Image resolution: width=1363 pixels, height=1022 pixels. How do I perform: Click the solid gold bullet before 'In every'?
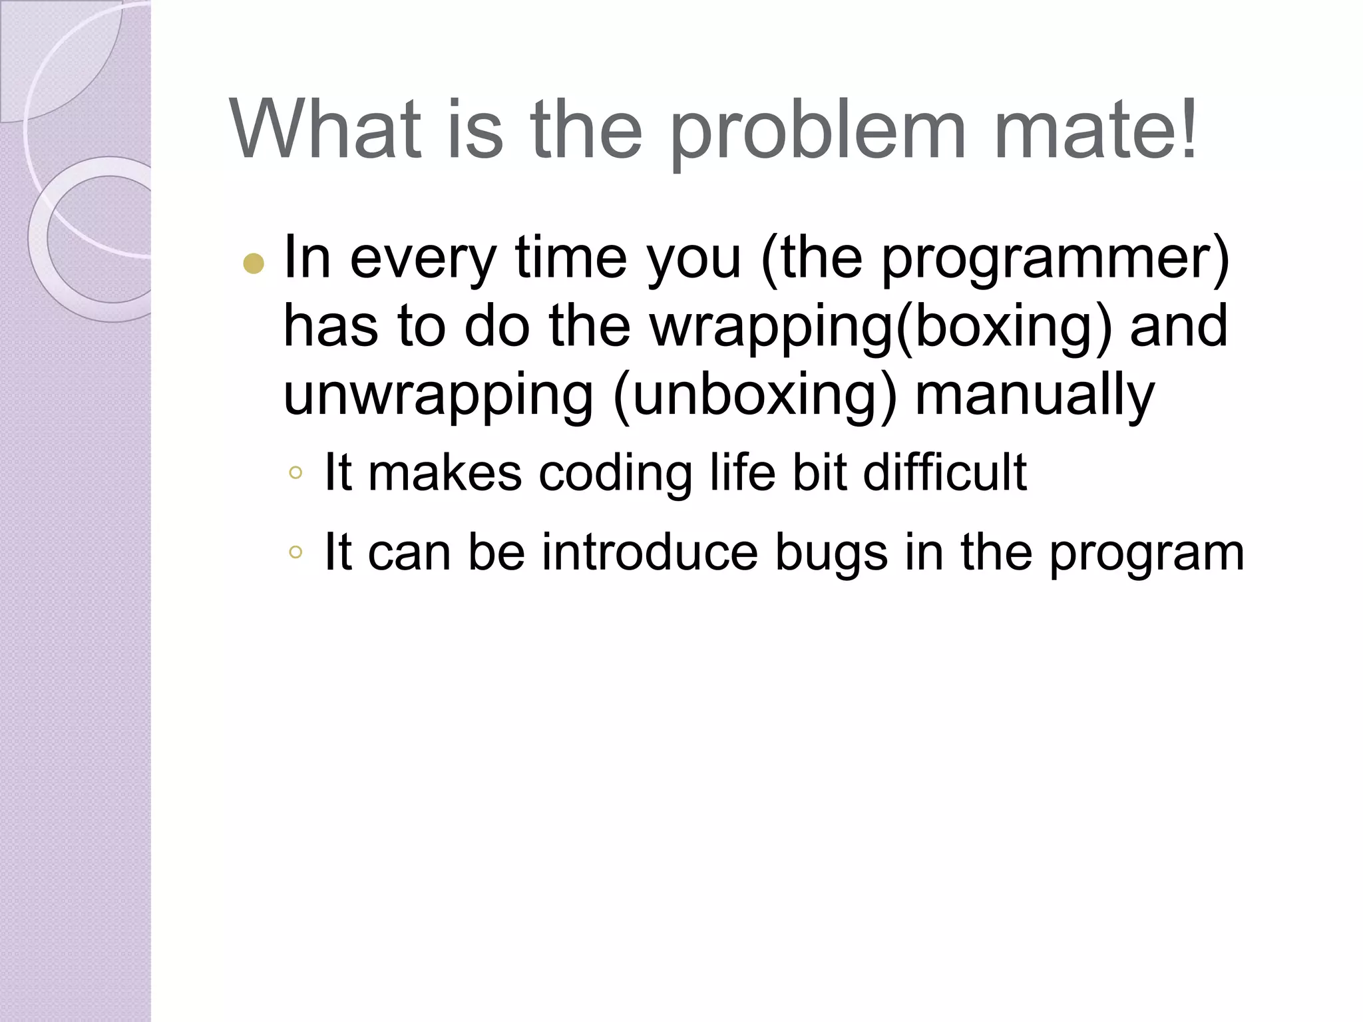[254, 265]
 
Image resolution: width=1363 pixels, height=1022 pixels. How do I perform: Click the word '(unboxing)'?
[755, 395]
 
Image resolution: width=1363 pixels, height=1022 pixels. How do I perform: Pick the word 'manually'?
[1035, 395]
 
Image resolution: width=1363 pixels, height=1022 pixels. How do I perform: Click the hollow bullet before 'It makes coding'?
[296, 474]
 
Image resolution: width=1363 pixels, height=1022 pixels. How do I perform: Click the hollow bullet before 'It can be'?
[296, 552]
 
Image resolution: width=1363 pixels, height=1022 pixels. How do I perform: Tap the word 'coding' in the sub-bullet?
[616, 474]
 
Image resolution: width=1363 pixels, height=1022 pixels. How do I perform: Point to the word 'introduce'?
[650, 552]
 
